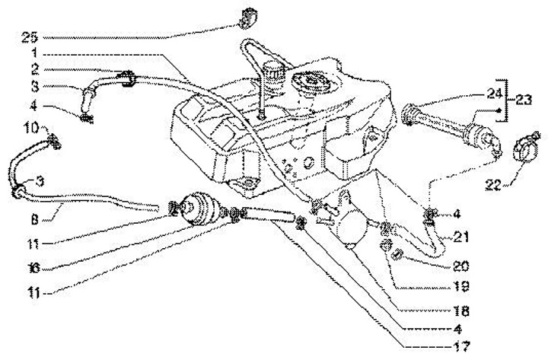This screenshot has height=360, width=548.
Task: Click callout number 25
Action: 29,37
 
